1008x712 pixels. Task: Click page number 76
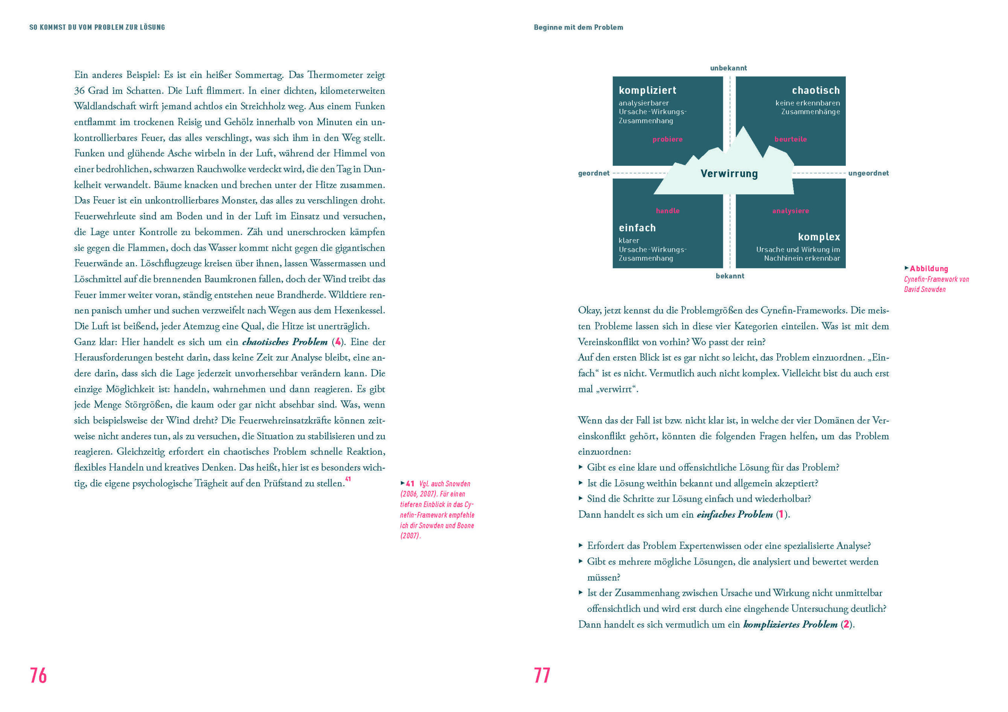point(38,675)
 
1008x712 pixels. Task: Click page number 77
point(542,675)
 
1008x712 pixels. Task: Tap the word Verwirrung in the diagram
point(729,173)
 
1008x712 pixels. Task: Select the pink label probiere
point(667,139)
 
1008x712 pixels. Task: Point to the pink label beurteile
point(790,139)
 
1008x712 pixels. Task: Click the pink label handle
point(667,211)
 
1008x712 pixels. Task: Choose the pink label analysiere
point(790,211)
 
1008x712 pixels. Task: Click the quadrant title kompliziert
point(648,91)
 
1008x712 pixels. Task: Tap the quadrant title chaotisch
point(816,91)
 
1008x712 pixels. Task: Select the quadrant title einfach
point(637,228)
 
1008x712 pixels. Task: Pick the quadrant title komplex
point(819,237)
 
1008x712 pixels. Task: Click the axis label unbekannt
point(728,68)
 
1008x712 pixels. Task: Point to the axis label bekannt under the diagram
point(730,276)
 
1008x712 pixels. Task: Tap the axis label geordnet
point(593,173)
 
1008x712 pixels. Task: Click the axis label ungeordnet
point(868,173)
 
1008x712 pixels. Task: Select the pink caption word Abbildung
point(928,269)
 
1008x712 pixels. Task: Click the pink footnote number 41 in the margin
point(410,483)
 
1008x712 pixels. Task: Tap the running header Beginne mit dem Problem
point(578,27)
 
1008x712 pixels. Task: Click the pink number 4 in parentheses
point(337,342)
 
